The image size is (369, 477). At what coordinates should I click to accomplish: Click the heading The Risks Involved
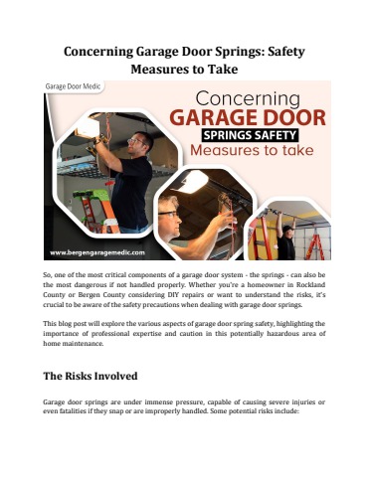96,378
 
